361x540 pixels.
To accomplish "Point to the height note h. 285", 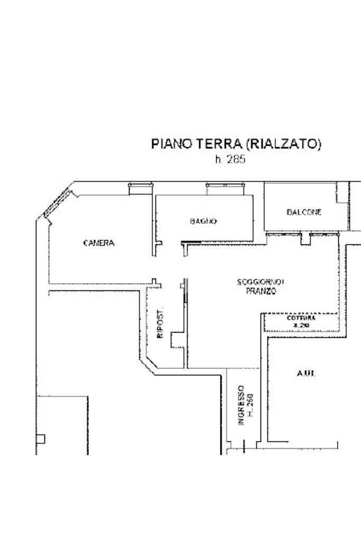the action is (x=230, y=159).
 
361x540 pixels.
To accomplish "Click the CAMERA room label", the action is (x=99, y=243).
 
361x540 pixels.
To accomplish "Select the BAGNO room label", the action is (x=203, y=221).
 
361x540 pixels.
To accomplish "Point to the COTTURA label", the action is (x=301, y=318).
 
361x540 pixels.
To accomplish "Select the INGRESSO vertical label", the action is (x=240, y=405).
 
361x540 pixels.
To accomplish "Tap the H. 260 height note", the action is (x=251, y=405).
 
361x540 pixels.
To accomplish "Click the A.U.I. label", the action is (x=306, y=374).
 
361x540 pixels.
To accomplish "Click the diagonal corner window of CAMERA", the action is (x=58, y=203).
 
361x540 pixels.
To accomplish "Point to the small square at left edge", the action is (x=41, y=438).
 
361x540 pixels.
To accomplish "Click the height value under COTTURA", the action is (x=301, y=326).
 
